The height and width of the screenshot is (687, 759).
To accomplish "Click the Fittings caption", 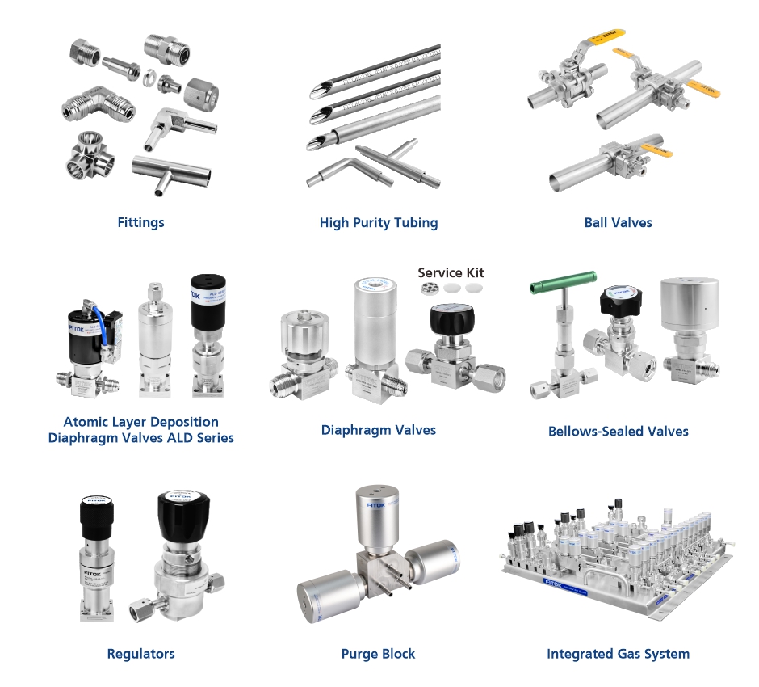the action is [x=140, y=222].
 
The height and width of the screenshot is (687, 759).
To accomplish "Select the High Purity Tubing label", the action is [x=378, y=222].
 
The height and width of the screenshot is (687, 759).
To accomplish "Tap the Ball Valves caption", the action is [x=618, y=222].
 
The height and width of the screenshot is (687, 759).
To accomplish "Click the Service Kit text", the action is [x=451, y=272].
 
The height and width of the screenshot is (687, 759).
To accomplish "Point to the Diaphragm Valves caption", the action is [x=378, y=430].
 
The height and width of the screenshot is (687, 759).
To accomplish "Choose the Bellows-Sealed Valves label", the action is [x=618, y=432].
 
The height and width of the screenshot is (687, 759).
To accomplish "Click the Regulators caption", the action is [x=140, y=653].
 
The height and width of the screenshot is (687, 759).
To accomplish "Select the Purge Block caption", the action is [x=378, y=653].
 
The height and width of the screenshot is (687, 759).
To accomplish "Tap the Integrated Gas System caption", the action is [x=618, y=653].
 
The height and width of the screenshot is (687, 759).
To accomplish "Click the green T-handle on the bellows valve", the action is [x=563, y=283].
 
